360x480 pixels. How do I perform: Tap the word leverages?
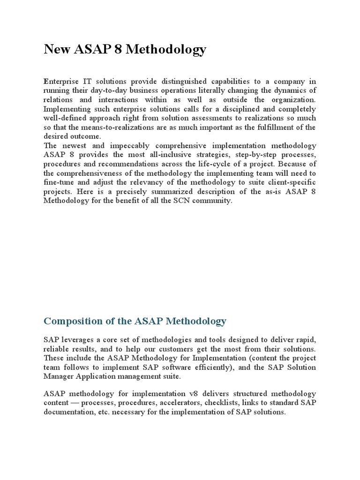(x=78, y=340)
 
